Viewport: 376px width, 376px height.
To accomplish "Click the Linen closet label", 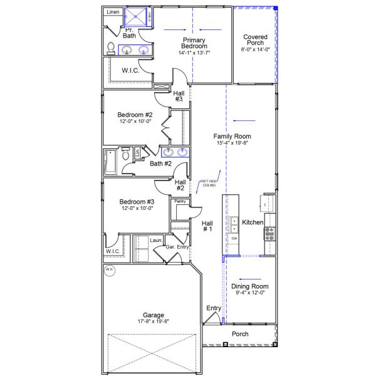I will click(112, 12).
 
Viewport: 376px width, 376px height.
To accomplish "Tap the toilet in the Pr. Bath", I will click(111, 48).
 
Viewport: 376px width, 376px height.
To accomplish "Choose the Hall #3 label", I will click(179, 96).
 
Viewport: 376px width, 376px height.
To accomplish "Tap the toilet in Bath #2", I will click(126, 153).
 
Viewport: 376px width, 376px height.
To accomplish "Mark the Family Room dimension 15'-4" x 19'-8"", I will click(232, 144).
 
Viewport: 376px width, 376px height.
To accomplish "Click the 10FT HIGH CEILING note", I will click(208, 182).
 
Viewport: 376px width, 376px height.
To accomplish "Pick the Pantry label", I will click(180, 201).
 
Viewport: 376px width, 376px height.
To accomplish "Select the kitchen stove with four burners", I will click(269, 233).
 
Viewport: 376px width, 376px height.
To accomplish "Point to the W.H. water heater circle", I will click(110, 270).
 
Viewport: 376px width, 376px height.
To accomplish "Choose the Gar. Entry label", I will click(177, 248).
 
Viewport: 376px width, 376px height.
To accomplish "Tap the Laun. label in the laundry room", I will click(156, 239).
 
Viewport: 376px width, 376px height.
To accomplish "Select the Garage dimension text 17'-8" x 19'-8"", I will click(154, 321).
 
